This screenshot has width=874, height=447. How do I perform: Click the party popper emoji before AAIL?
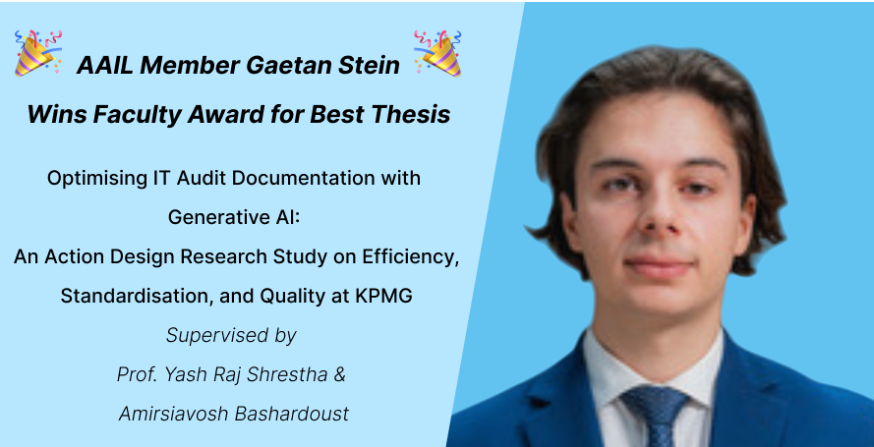pyautogui.click(x=38, y=53)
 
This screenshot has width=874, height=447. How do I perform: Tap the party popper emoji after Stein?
pyautogui.click(x=437, y=53)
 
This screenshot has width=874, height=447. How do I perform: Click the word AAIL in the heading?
pyautogui.click(x=105, y=65)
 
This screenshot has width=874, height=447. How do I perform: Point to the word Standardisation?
pyautogui.click(x=137, y=296)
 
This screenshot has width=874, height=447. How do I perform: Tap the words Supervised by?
pyautogui.click(x=231, y=335)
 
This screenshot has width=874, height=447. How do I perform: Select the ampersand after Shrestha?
pyautogui.click(x=339, y=374)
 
